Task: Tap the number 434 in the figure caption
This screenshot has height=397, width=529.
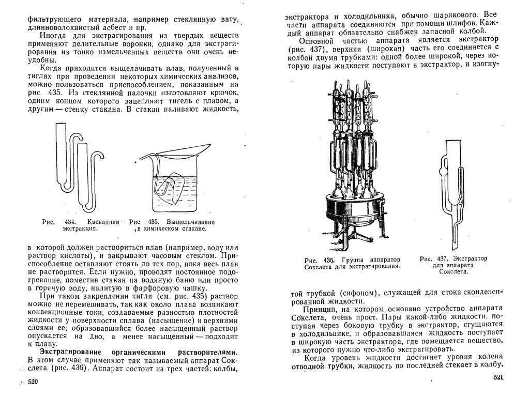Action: pos(69,222)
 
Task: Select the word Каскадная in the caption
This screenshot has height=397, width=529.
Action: pos(103,222)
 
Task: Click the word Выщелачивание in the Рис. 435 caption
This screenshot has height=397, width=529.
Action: pos(191,222)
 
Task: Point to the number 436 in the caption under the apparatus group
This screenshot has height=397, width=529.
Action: pos(328,261)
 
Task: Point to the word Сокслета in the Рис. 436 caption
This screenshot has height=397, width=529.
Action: pos(320,266)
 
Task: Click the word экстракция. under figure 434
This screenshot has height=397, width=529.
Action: pos(80,228)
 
